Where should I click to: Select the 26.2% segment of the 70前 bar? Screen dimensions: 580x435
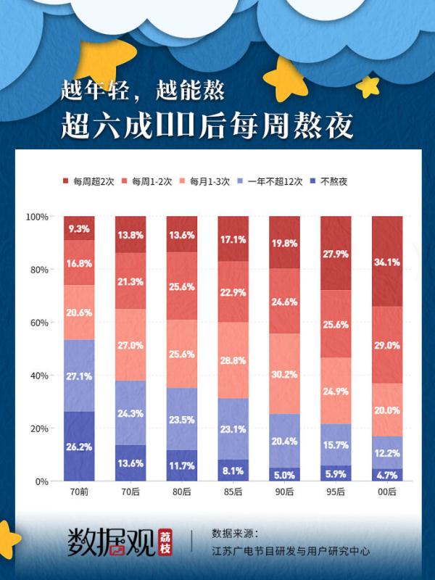click(x=79, y=447)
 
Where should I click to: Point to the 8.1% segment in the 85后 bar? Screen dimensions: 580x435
click(x=233, y=470)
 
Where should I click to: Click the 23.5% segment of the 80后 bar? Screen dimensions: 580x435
click(x=182, y=419)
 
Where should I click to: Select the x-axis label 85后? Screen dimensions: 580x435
click(x=233, y=492)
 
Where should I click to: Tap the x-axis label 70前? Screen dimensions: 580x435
click(x=79, y=492)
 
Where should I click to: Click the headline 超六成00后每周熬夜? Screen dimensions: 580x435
click(x=207, y=125)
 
